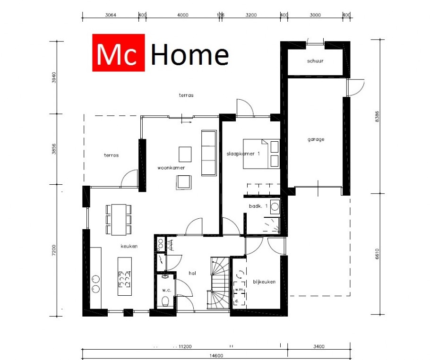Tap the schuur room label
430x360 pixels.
pos(315,61)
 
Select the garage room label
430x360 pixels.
pos(316,139)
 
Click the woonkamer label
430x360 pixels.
pos(171,168)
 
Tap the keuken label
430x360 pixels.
pos(129,247)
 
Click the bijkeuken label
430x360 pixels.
pos(264,282)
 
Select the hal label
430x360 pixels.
pos(192,273)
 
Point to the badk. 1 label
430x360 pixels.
pos(258,206)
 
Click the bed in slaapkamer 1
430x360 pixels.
pos(261,154)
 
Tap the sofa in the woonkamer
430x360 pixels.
pos(208,152)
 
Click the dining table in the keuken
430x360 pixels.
pos(119,219)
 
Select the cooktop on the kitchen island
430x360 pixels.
pos(125,280)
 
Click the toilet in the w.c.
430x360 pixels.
pos(165,301)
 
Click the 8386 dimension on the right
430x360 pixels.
pos(377,117)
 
